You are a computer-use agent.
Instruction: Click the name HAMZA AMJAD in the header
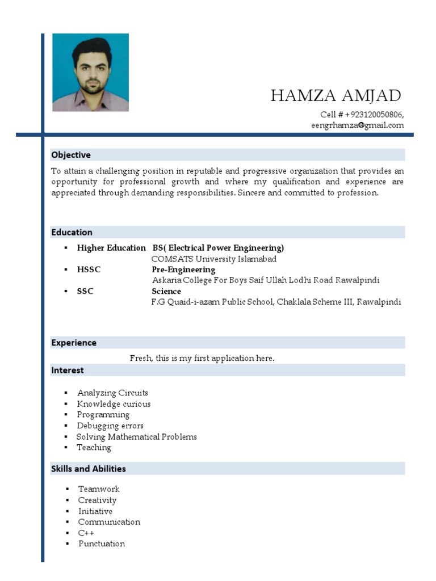click(x=336, y=95)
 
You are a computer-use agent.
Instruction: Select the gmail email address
click(x=357, y=125)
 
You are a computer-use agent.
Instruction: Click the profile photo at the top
click(x=90, y=72)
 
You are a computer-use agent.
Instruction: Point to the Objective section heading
click(x=71, y=155)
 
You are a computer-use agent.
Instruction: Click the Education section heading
click(x=72, y=232)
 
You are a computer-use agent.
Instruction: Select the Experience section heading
click(x=74, y=343)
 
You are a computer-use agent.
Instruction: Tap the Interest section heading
click(x=68, y=371)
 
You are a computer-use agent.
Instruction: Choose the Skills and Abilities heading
click(x=89, y=469)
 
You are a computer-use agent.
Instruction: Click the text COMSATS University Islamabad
click(x=214, y=259)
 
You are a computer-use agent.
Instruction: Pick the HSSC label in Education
click(x=89, y=270)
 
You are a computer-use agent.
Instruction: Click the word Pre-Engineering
click(x=183, y=270)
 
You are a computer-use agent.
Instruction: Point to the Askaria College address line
click(x=266, y=280)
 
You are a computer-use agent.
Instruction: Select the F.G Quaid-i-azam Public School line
click(x=276, y=302)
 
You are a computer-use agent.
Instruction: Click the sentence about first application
click(x=202, y=358)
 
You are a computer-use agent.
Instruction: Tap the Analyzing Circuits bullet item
click(x=112, y=393)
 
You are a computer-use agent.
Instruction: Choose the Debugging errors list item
click(x=110, y=426)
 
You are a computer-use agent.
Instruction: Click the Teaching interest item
click(x=94, y=448)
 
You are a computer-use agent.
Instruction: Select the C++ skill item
click(x=86, y=533)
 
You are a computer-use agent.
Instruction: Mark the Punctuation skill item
click(x=102, y=544)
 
